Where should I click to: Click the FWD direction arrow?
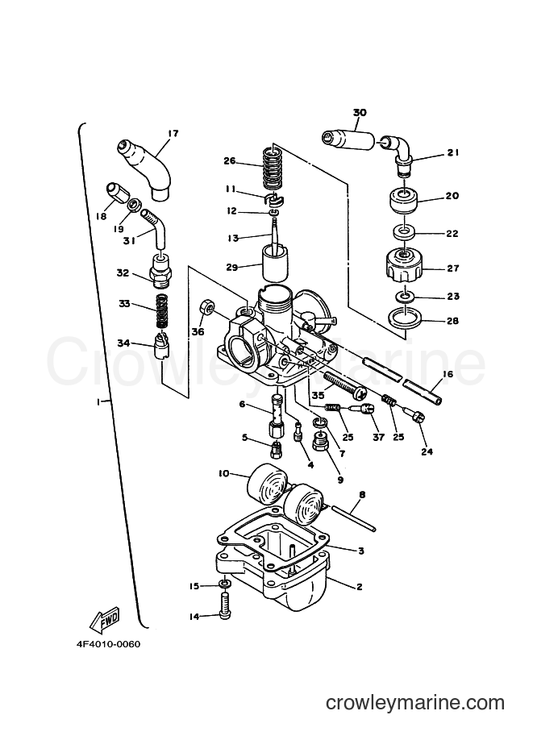[x=105, y=621]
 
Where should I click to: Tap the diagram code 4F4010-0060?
[x=109, y=644]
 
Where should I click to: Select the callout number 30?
[x=360, y=113]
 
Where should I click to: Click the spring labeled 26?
[x=271, y=168]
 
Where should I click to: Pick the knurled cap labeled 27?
[x=404, y=266]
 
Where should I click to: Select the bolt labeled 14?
[x=225, y=605]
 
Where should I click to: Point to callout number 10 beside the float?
[x=223, y=473]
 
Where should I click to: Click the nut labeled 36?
[x=207, y=307]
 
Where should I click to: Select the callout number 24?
[x=427, y=451]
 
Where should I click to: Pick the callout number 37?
[x=378, y=438]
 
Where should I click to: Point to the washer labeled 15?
[x=225, y=584]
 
